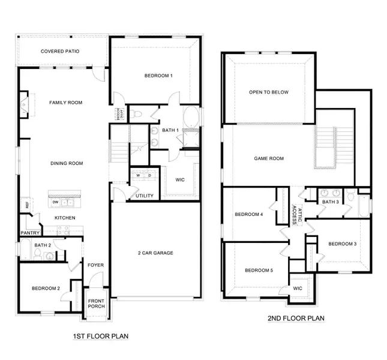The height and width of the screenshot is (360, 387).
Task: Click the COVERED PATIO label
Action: click(61, 52)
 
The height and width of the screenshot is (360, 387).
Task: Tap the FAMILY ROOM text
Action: click(65, 103)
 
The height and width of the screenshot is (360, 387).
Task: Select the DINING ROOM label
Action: click(65, 163)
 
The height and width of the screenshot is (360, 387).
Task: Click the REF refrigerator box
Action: click(27, 205)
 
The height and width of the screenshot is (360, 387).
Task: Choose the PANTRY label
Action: click(29, 233)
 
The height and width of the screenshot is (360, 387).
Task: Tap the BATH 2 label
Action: click(42, 245)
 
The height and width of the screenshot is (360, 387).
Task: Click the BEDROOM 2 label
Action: click(46, 289)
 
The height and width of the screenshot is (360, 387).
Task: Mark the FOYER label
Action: click(96, 265)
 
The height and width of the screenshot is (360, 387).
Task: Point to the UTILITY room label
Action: click(145, 196)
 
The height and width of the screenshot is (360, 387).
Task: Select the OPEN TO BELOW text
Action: click(269, 92)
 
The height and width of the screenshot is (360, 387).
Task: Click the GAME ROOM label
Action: click(268, 159)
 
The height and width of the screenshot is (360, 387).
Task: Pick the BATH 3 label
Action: click(331, 202)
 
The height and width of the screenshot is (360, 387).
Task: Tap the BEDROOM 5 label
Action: click(259, 271)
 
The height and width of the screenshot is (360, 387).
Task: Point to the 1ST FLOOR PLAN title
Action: click(100, 336)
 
